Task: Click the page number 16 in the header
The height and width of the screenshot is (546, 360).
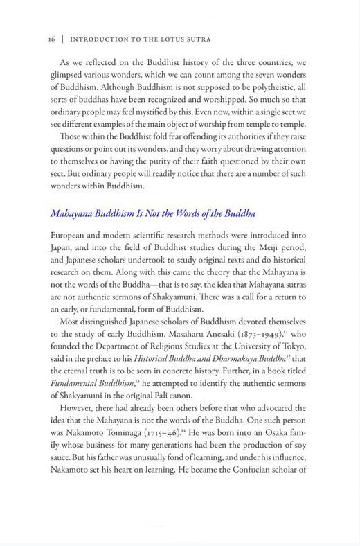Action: tap(52, 39)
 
